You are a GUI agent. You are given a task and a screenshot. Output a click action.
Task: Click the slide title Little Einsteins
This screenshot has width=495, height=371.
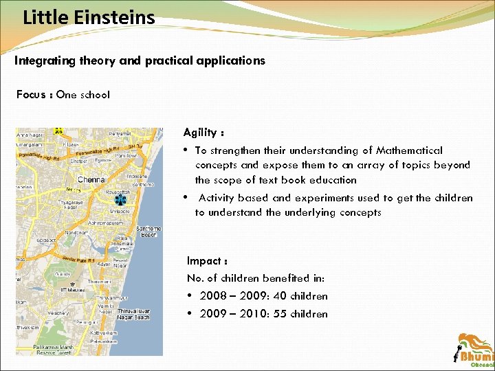pos(89,16)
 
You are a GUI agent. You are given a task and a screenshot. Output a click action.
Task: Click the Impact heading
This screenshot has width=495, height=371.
pos(206,261)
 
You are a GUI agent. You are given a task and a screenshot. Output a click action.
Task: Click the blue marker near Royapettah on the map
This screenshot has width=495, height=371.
pos(120,200)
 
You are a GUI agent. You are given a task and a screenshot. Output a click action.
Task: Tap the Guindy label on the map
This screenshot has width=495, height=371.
pos(63,273)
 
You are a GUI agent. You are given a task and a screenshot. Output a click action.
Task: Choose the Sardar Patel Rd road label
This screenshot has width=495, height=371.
pos(77,260)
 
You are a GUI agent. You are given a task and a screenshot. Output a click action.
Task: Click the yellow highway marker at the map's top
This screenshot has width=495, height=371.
pos(58,131)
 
